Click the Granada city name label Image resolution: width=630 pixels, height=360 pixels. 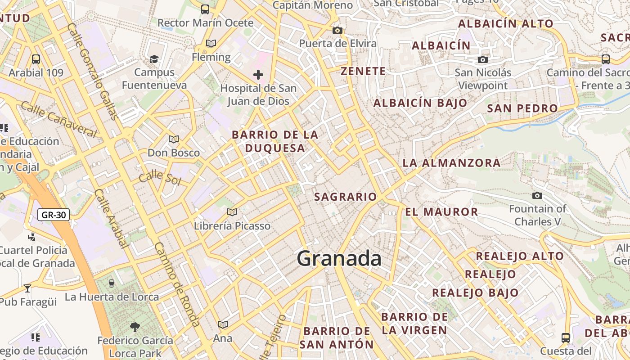pos(339,259)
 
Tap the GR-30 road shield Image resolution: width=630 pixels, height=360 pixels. pos(54,215)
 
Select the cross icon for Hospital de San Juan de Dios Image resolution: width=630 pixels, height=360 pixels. pos(258,74)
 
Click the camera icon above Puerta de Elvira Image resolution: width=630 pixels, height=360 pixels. pos(337,30)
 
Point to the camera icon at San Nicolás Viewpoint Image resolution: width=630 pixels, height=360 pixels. pos(482,59)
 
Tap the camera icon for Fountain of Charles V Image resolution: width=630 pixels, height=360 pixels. pos(537,195)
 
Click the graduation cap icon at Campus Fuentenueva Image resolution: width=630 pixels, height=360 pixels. pos(154,59)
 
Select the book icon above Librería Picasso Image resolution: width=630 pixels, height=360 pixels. pos(232,212)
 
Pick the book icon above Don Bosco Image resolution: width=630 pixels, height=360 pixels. pos(174,139)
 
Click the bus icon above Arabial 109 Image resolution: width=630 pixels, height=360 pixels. pos(36,59)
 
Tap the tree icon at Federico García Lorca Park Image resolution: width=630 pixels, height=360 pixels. pos(135,327)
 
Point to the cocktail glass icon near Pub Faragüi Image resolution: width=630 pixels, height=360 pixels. pos(27,288)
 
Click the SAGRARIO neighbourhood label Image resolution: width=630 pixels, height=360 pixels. pos(345,197)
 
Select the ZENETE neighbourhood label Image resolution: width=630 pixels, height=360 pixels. pos(363,71)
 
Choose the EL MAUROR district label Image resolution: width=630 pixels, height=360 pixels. pos(441,211)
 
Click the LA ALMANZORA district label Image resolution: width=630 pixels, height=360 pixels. pos(451,163)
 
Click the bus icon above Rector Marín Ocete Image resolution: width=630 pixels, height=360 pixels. pos(205,9)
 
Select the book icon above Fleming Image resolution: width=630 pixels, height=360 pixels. pos(211,43)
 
